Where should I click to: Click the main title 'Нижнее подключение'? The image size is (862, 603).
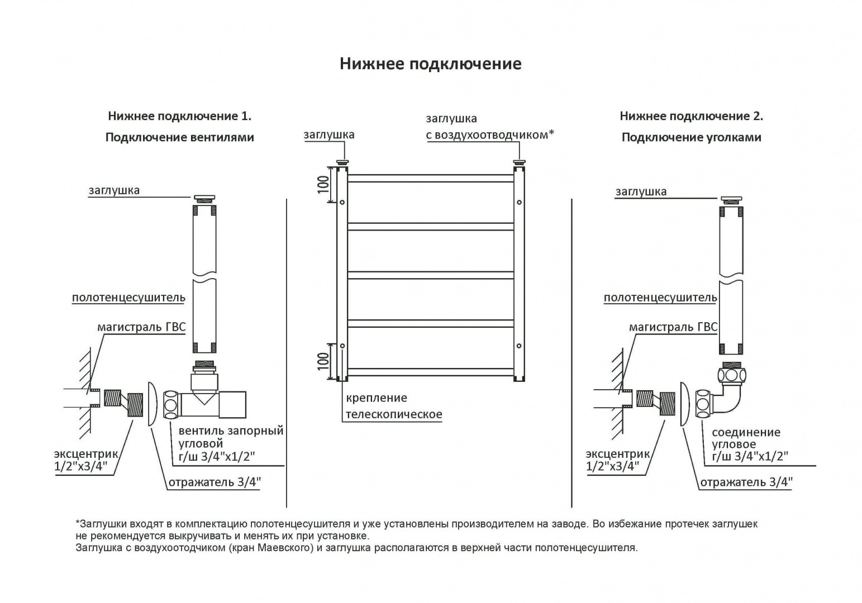[x=430, y=64]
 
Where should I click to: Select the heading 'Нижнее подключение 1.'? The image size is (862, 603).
[x=179, y=116]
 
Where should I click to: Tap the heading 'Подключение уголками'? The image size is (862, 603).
[x=691, y=137]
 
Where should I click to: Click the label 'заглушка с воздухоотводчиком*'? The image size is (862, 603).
[x=489, y=127]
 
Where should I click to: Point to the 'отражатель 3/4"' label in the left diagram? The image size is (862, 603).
[x=215, y=482]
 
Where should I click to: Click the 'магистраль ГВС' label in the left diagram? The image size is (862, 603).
[x=141, y=327]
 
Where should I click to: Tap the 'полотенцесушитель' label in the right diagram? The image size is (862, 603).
[x=660, y=298]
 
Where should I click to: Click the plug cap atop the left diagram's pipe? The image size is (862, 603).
[x=204, y=198]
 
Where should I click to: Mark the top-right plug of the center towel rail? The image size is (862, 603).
[x=520, y=162]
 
